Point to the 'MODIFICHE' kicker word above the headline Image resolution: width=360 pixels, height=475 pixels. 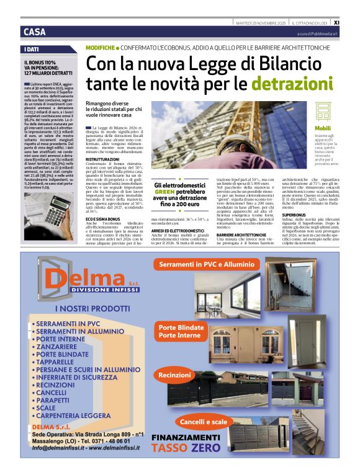(100, 47)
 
